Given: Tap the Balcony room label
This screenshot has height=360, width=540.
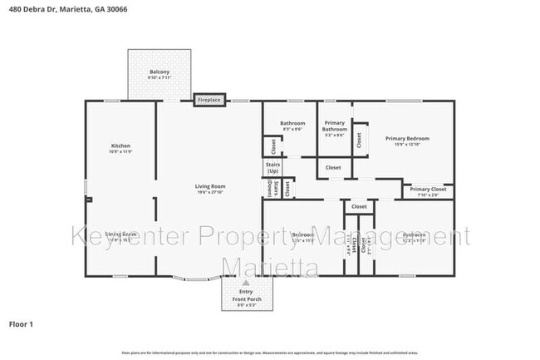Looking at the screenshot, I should point(160,72).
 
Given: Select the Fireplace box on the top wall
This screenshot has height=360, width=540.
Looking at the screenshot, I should point(209,100).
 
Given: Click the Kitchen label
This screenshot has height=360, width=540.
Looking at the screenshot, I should point(120,145).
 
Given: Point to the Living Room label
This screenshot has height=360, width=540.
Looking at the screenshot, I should point(211,186).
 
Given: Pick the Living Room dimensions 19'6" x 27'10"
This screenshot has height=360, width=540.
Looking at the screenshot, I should point(211,193).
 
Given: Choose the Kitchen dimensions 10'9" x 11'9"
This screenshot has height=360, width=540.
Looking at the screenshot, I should point(120,152).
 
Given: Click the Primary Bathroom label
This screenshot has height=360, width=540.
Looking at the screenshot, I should point(335,126).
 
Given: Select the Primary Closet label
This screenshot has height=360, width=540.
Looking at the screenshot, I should point(428,190).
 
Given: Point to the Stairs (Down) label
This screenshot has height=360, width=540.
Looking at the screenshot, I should point(271,189).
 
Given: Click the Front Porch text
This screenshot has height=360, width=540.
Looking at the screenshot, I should point(246,298).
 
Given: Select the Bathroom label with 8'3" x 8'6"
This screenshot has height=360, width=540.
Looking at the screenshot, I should point(292,124).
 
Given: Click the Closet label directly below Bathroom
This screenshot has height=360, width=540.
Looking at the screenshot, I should point(272,146).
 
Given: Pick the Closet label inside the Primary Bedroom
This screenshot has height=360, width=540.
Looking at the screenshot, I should point(359,140).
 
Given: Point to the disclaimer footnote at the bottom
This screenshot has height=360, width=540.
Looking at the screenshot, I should point(269,353).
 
